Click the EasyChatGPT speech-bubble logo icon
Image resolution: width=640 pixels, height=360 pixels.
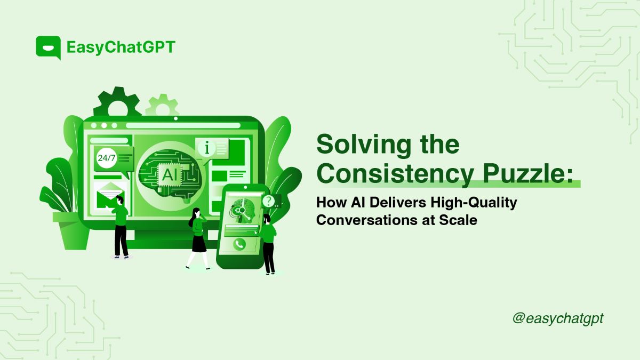tap(48, 47)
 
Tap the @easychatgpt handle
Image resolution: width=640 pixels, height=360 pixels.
tap(557, 318)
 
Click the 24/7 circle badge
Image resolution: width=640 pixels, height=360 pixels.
tap(106, 158)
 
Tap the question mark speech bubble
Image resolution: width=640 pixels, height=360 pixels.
tap(270, 201)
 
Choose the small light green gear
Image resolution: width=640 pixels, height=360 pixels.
tap(161, 106)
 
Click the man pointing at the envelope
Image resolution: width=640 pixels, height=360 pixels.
tap(121, 227)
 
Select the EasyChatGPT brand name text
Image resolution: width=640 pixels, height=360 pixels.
tap(121, 47)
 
